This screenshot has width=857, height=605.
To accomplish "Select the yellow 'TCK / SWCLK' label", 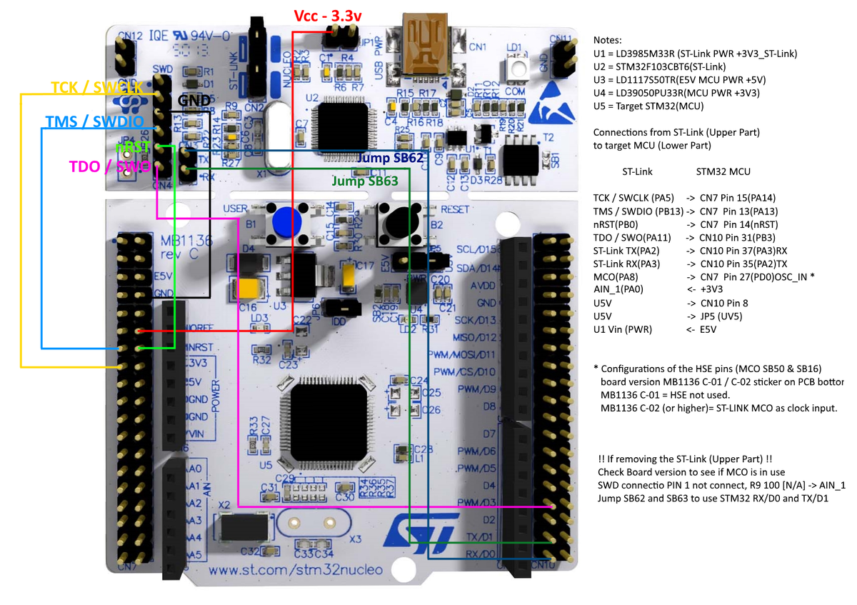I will [98, 87].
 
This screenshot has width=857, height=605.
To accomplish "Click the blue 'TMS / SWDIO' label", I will [93, 121].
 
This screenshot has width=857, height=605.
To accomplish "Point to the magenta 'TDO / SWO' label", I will [109, 166].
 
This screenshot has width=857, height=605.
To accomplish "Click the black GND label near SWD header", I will [194, 101].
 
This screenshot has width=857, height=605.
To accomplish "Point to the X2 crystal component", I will [244, 528].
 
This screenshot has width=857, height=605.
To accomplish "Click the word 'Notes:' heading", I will [608, 40].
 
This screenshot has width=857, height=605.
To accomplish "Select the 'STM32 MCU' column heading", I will [723, 171].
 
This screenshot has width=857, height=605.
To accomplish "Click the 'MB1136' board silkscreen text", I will [176, 241].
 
